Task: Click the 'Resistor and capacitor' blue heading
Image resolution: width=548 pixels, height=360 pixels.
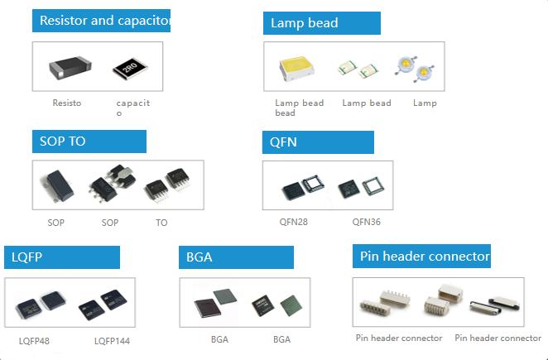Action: (x=101, y=21)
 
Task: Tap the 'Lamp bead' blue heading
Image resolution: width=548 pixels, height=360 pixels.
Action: (x=322, y=23)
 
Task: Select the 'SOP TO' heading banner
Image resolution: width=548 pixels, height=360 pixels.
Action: (x=89, y=142)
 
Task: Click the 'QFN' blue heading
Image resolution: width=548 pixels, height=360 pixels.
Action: (x=318, y=142)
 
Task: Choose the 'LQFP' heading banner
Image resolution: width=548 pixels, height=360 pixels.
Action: (x=62, y=257)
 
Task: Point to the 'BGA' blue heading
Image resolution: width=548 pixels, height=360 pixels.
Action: (x=236, y=257)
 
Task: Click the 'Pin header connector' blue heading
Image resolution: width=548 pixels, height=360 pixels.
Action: (x=422, y=257)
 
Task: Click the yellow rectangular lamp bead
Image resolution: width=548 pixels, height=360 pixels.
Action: (x=297, y=68)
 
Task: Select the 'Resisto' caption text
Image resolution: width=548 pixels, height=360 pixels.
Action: (x=66, y=103)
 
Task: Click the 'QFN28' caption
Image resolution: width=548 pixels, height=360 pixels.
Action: (x=295, y=222)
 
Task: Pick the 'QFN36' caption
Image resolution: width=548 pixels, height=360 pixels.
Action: (x=366, y=222)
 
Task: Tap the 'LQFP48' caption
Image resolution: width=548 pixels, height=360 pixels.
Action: (x=34, y=341)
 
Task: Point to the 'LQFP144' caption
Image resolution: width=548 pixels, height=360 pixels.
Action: (x=112, y=341)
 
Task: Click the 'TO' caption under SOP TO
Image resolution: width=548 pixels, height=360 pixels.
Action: (x=161, y=223)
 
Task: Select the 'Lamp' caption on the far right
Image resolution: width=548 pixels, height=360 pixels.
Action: (x=425, y=103)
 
